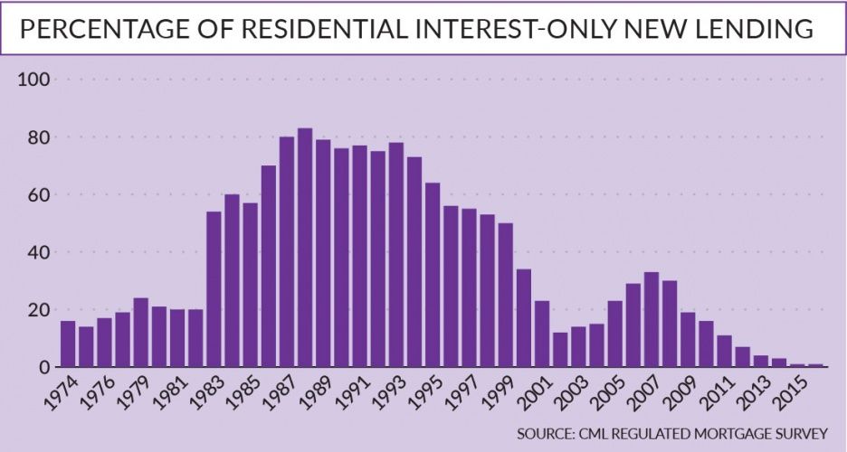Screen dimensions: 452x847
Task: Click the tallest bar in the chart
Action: click(305, 248)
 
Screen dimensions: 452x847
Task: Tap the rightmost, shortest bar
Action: click(815, 365)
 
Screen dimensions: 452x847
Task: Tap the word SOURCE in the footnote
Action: click(547, 435)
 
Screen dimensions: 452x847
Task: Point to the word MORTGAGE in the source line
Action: click(730, 435)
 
